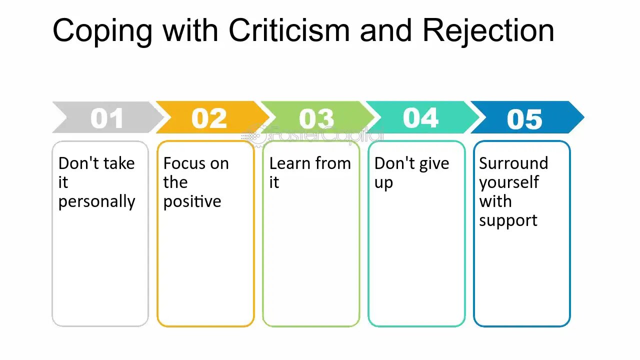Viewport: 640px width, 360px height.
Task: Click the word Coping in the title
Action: click(102, 31)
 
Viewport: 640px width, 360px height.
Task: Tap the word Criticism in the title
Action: click(289, 29)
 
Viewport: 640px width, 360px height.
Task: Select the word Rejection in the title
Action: click(488, 31)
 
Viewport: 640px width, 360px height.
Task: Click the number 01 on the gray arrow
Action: click(107, 118)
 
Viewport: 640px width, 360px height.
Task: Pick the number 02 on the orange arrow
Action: click(209, 118)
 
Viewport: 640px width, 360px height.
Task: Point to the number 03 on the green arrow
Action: click(316, 118)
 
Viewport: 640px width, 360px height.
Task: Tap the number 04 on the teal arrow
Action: click(420, 117)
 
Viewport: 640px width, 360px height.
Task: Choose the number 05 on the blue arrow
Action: click(524, 119)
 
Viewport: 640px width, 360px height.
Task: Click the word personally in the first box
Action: click(96, 202)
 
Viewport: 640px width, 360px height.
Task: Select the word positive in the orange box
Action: click(192, 202)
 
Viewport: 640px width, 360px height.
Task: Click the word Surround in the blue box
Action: click(513, 163)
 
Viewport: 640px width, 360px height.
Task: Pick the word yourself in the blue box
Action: click(509, 183)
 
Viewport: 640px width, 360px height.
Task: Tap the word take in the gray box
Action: click(119, 163)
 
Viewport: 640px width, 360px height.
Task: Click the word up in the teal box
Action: click(383, 183)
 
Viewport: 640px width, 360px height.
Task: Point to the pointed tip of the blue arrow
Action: click(584, 117)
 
